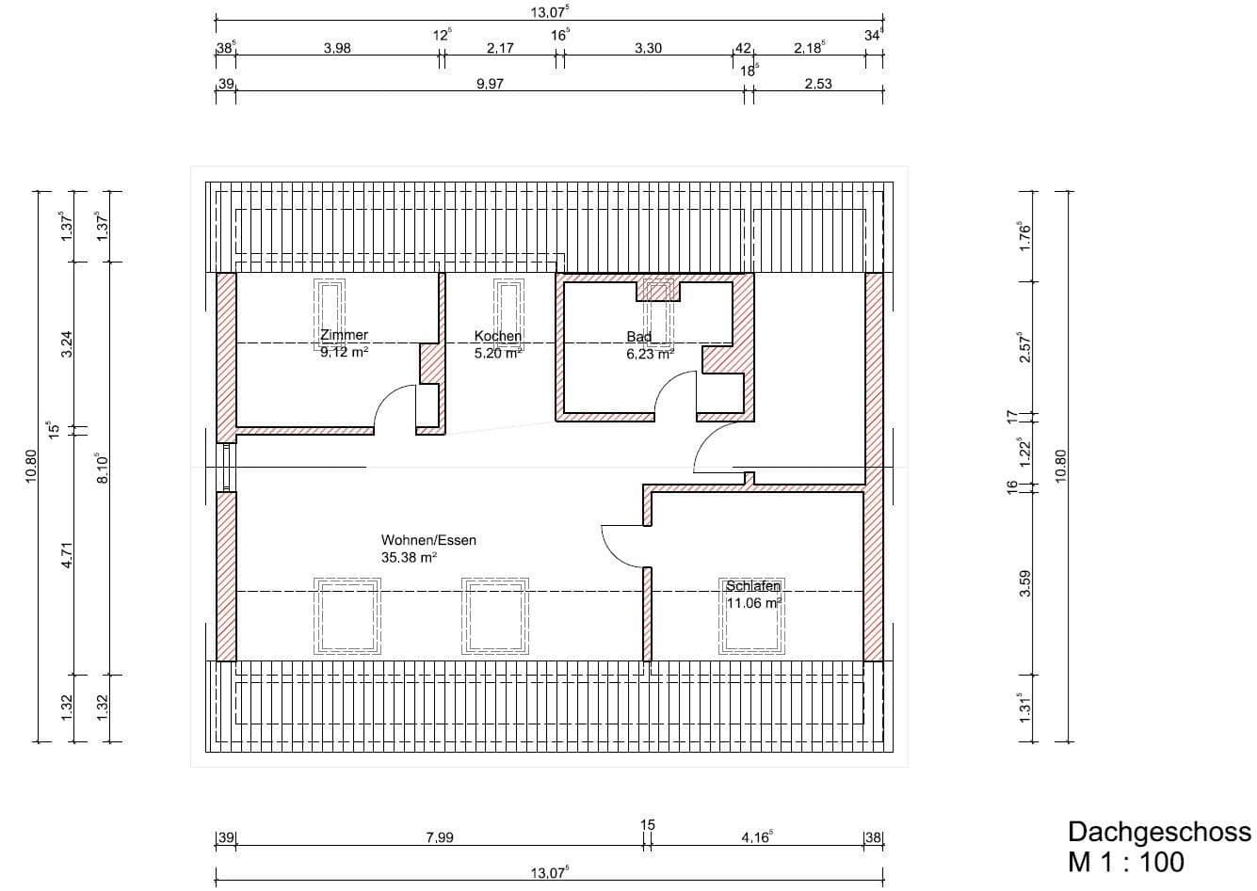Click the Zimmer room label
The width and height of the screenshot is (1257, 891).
pos(344,335)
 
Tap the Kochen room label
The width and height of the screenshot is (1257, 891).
pos(497,336)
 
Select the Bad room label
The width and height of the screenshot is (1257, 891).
pos(639,337)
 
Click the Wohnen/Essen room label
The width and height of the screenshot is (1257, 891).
pos(428,540)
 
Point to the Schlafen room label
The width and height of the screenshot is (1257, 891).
pos(752,586)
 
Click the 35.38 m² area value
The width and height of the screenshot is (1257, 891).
pos(409,557)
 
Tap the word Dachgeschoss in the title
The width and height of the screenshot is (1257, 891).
pos(1159,832)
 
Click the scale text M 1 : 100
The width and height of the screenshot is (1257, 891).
pos(1125,861)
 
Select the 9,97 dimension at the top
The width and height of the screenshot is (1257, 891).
pos(490,84)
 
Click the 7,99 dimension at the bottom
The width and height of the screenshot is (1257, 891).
pos(440,837)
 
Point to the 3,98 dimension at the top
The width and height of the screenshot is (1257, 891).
pos(337,48)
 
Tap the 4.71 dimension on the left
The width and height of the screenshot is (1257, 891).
pos(66,551)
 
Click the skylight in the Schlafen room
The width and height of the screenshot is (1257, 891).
pos(752,616)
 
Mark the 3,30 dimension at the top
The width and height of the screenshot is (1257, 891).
pos(648,48)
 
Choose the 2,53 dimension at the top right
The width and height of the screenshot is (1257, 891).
pos(818,84)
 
